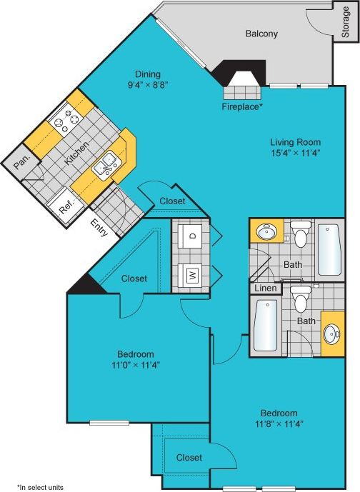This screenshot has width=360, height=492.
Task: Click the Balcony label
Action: [x=261, y=34]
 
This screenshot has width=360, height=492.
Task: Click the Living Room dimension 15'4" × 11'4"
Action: [x=295, y=152]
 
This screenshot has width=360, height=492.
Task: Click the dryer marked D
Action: [x=191, y=234]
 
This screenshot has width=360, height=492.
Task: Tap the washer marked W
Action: [x=191, y=273]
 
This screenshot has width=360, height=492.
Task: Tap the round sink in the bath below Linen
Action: [x=332, y=333]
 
